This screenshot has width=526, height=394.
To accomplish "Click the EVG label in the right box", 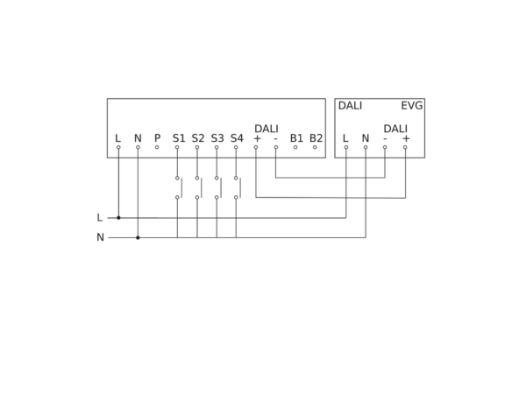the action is (412, 106).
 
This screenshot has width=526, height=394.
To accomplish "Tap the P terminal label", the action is (157, 138).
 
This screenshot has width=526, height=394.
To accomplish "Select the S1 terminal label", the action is (179, 138).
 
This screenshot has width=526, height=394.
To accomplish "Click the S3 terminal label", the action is (217, 138).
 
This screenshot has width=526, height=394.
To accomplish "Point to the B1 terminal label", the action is (296, 138).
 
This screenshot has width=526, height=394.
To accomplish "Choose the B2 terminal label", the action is (316, 138).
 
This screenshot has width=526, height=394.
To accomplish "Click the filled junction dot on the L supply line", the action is (118, 218).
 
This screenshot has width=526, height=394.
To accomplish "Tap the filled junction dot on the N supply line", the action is (138, 237).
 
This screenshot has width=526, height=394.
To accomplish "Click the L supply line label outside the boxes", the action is (100, 218).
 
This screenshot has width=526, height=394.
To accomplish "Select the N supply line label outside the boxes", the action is (100, 237).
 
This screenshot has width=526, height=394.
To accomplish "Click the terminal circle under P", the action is (157, 147).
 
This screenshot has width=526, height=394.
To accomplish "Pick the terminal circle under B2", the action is (315, 147).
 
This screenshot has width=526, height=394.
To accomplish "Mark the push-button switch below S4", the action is (238, 187).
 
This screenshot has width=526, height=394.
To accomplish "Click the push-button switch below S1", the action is (179, 187).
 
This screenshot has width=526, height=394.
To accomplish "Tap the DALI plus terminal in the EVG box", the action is (405, 147).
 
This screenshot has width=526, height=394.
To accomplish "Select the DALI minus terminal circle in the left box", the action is (276, 147).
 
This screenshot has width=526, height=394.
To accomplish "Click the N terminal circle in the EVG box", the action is (366, 147).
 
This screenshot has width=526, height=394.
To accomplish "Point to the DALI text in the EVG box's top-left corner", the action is (350, 106).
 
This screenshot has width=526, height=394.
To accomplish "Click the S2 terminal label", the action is (198, 138).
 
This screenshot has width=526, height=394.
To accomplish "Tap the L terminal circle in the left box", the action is (118, 147).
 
